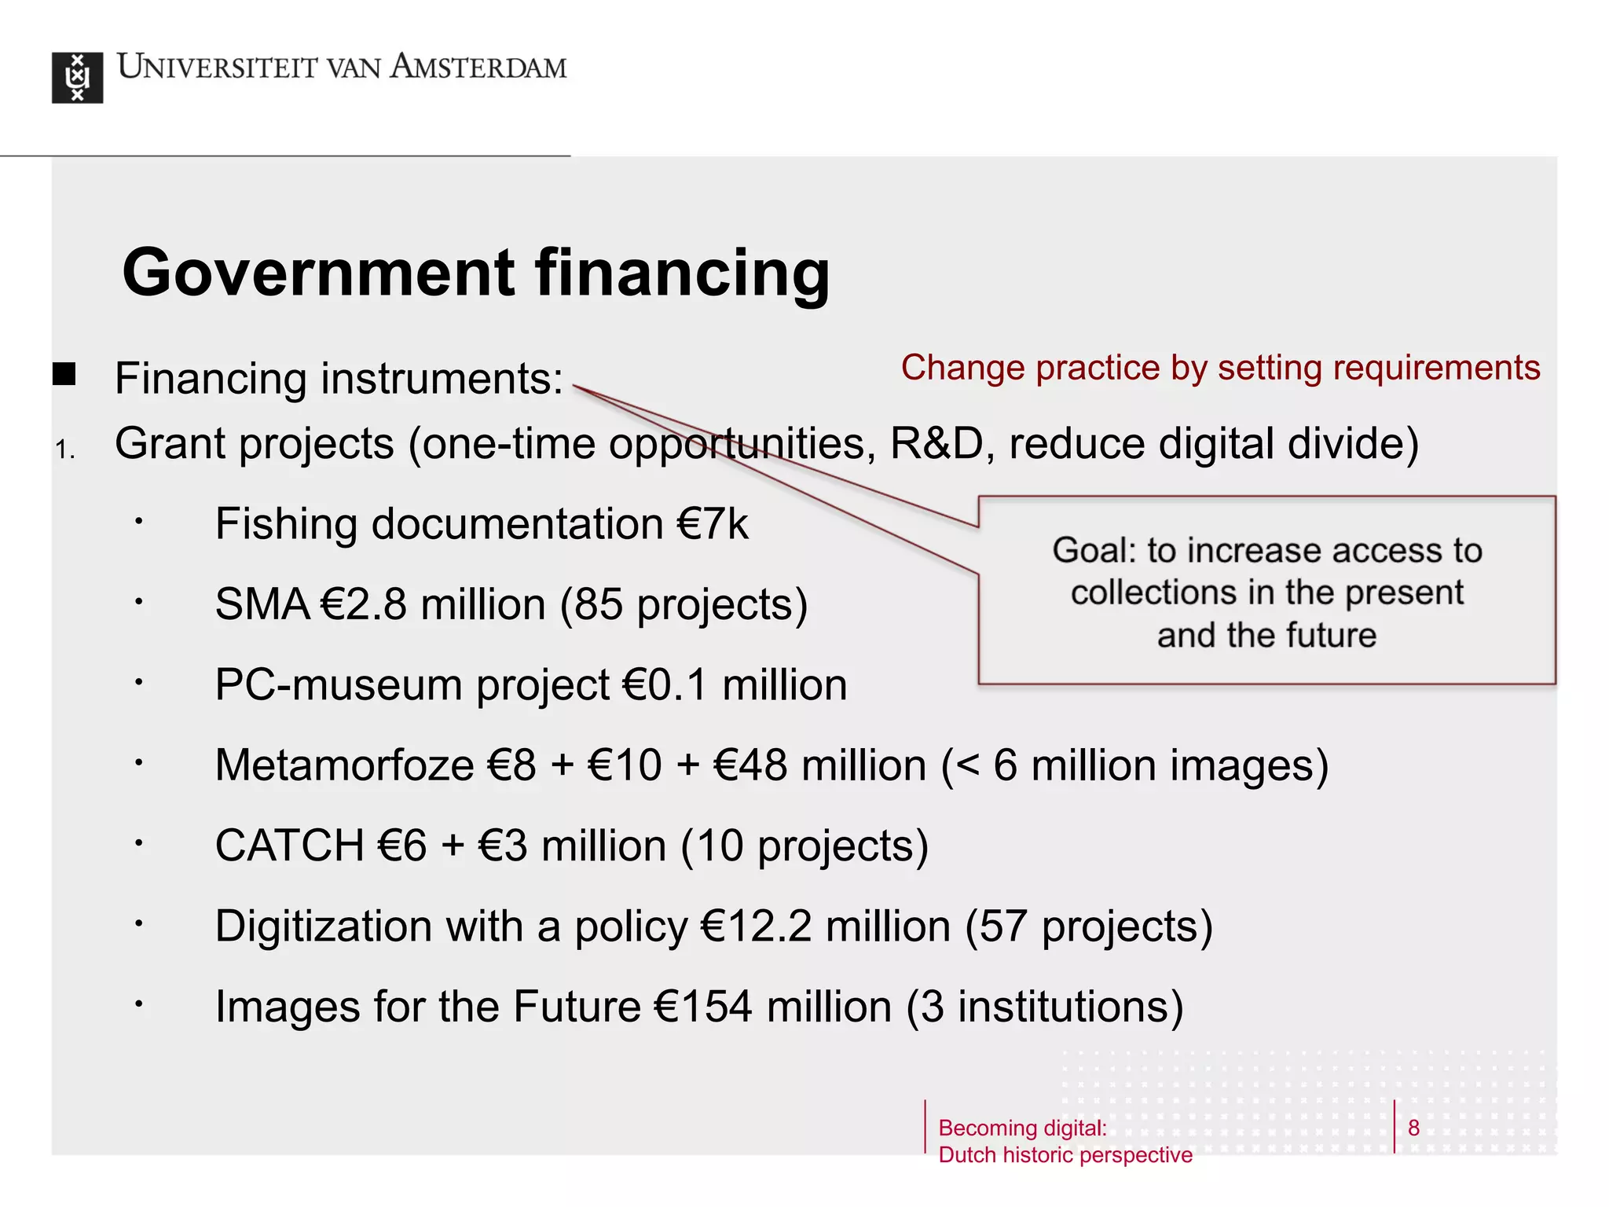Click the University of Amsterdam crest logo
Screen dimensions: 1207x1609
(77, 77)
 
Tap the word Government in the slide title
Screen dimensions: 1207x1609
(318, 273)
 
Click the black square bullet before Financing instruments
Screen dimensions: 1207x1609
(64, 374)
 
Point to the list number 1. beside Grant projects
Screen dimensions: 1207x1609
(65, 449)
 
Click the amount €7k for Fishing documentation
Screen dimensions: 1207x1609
(713, 524)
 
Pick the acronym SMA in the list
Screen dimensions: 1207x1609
(262, 604)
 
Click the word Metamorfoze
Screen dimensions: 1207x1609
(344, 765)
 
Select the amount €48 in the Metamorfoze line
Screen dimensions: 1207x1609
(750, 765)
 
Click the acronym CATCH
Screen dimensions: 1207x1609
(289, 846)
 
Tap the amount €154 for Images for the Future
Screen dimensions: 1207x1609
(703, 1007)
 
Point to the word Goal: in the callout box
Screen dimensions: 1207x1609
(1094, 550)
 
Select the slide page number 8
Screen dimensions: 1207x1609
(1413, 1128)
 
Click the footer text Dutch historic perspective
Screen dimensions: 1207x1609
(1065, 1155)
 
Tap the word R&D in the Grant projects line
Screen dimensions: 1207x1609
(936, 444)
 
